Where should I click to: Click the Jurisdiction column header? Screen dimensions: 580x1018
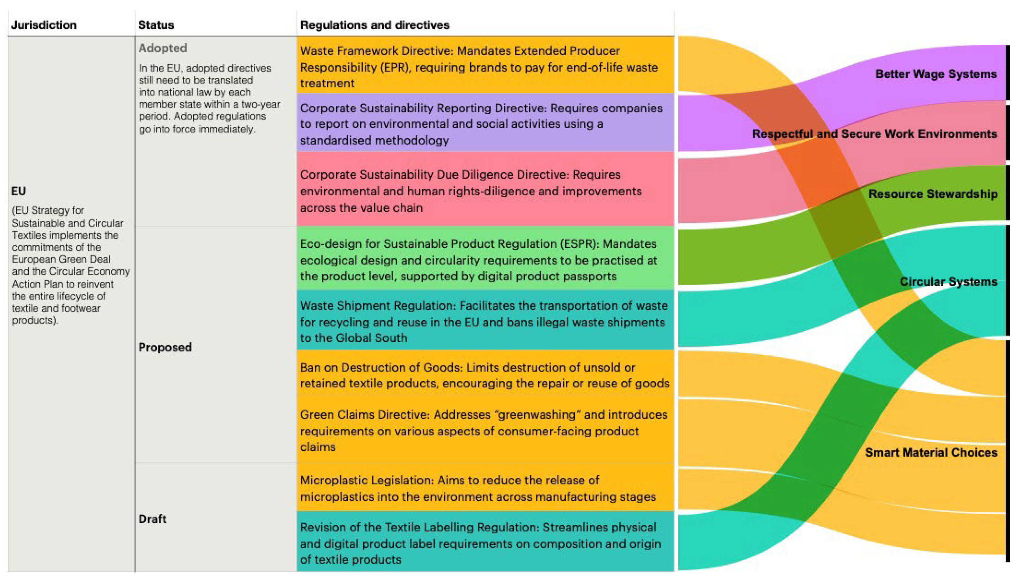point(44,25)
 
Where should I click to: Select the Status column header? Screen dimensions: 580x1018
point(156,25)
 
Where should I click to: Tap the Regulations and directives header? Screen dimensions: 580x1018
point(375,25)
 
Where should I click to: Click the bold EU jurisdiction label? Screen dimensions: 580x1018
point(19,191)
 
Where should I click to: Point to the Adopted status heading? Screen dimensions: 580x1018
point(163,48)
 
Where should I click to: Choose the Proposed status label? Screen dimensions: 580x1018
point(165,347)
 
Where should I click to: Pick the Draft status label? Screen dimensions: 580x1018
point(152,519)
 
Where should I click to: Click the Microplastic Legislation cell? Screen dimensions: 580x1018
point(485,488)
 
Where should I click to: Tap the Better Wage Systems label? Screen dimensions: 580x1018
point(935,74)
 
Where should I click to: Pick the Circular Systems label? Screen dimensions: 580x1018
point(948,281)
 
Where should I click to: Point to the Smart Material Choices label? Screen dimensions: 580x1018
point(931,452)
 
